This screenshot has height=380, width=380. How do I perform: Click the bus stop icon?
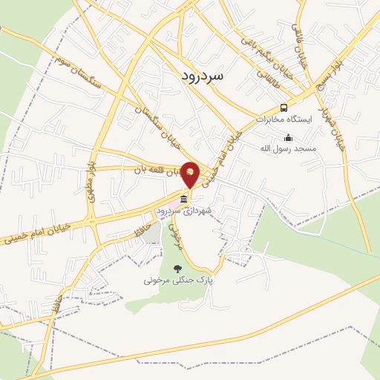[x=284, y=108]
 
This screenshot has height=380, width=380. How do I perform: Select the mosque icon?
[x=289, y=137]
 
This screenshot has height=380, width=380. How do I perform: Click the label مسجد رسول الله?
[x=287, y=148]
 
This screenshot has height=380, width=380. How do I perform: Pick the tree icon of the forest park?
[x=177, y=269]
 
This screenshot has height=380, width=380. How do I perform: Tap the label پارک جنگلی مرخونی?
[x=178, y=281]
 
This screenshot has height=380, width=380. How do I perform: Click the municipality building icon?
[x=183, y=200]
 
